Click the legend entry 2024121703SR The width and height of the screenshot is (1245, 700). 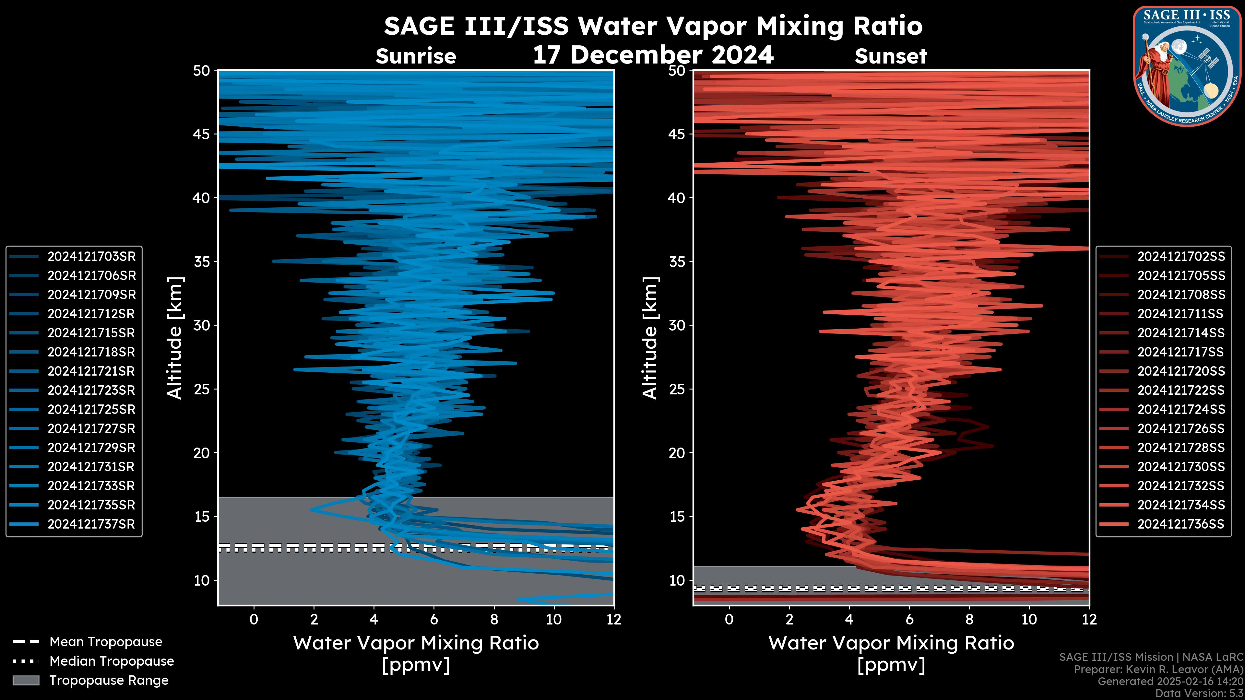pyautogui.click(x=91, y=257)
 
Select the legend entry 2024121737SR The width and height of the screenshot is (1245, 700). pyautogui.click(x=91, y=524)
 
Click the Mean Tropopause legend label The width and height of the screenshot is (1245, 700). pyautogui.click(x=105, y=642)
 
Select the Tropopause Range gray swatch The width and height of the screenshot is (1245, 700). pyautogui.click(x=26, y=680)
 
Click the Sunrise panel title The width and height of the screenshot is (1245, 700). pyautogui.click(x=416, y=56)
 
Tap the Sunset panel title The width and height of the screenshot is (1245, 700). pyautogui.click(x=891, y=56)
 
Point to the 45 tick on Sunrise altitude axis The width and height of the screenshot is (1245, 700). pyautogui.click(x=202, y=134)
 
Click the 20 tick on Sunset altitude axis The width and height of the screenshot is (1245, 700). pyautogui.click(x=677, y=453)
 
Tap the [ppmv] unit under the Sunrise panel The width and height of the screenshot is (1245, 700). pyautogui.click(x=416, y=665)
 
